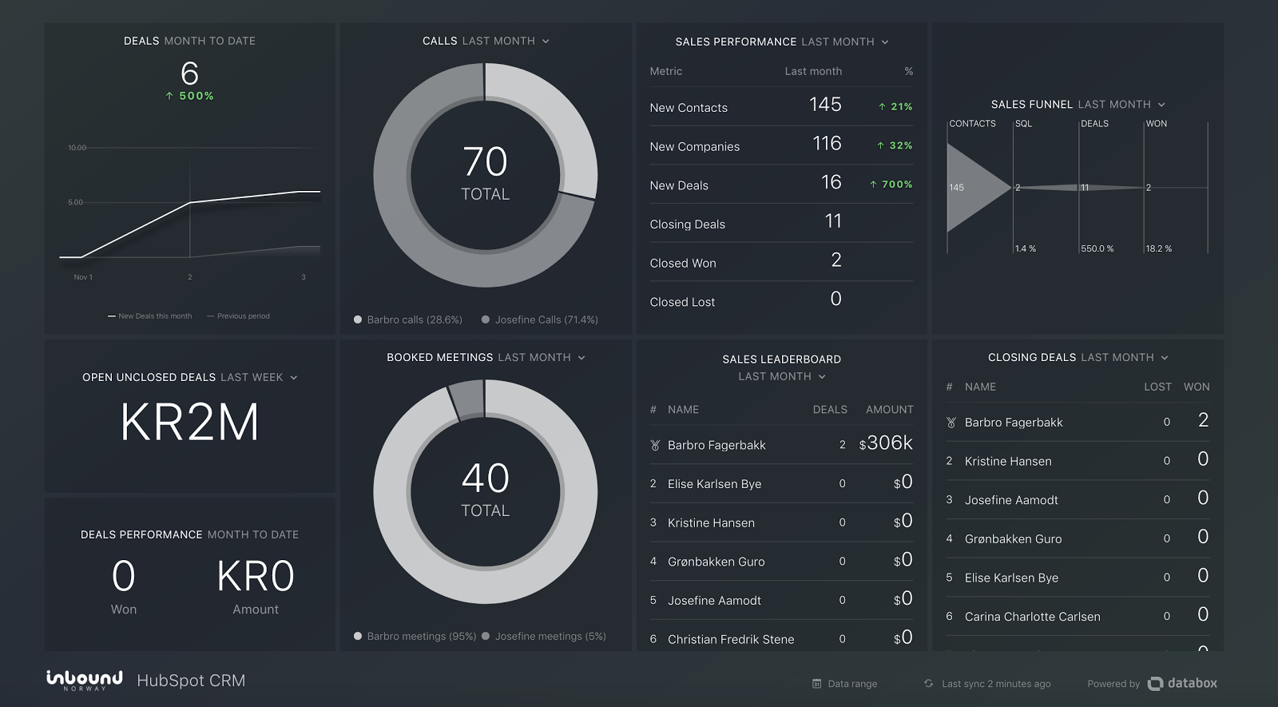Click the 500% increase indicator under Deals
tap(190, 96)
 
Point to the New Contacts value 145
tap(825, 105)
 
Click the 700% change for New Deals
tap(891, 185)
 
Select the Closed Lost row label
tap(682, 302)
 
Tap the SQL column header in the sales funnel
tap(1023, 124)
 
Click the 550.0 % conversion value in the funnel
tap(1097, 248)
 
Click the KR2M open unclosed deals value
tap(190, 423)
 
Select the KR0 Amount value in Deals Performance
tap(256, 577)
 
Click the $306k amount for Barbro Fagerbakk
tap(886, 443)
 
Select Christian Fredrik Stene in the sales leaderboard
tap(731, 639)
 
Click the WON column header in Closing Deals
tap(1196, 387)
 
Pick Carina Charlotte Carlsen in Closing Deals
tap(1032, 617)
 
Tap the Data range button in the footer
tap(845, 684)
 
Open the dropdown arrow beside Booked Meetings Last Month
tap(581, 358)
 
